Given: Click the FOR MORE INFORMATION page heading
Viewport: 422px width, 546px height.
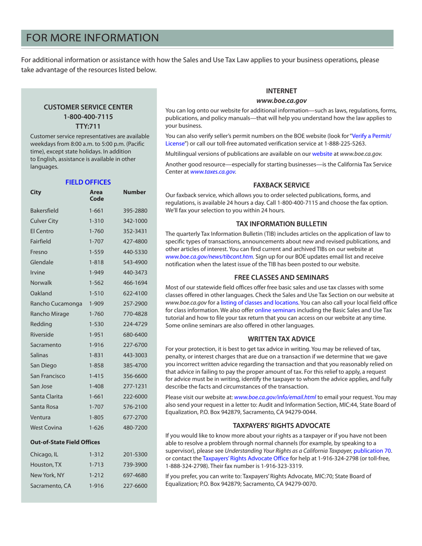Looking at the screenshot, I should click(92, 38).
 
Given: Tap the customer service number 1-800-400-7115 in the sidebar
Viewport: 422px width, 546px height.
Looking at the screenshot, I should click(88, 117).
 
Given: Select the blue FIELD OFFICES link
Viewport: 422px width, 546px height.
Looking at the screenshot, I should click(88, 182).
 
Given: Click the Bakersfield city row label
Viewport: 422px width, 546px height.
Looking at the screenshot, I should click(44, 210).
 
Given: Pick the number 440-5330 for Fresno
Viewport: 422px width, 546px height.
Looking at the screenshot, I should click(135, 252).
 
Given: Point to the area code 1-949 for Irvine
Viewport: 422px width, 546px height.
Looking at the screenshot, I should click(96, 273).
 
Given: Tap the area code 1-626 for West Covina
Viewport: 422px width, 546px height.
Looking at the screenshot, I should click(96, 427).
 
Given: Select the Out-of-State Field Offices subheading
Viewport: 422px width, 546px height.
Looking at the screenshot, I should click(65, 442).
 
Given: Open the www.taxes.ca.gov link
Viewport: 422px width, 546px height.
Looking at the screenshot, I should click(213, 172).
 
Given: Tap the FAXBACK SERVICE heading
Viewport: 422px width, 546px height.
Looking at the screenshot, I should click(279, 185).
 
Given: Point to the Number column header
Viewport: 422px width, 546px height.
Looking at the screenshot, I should click(134, 192).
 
